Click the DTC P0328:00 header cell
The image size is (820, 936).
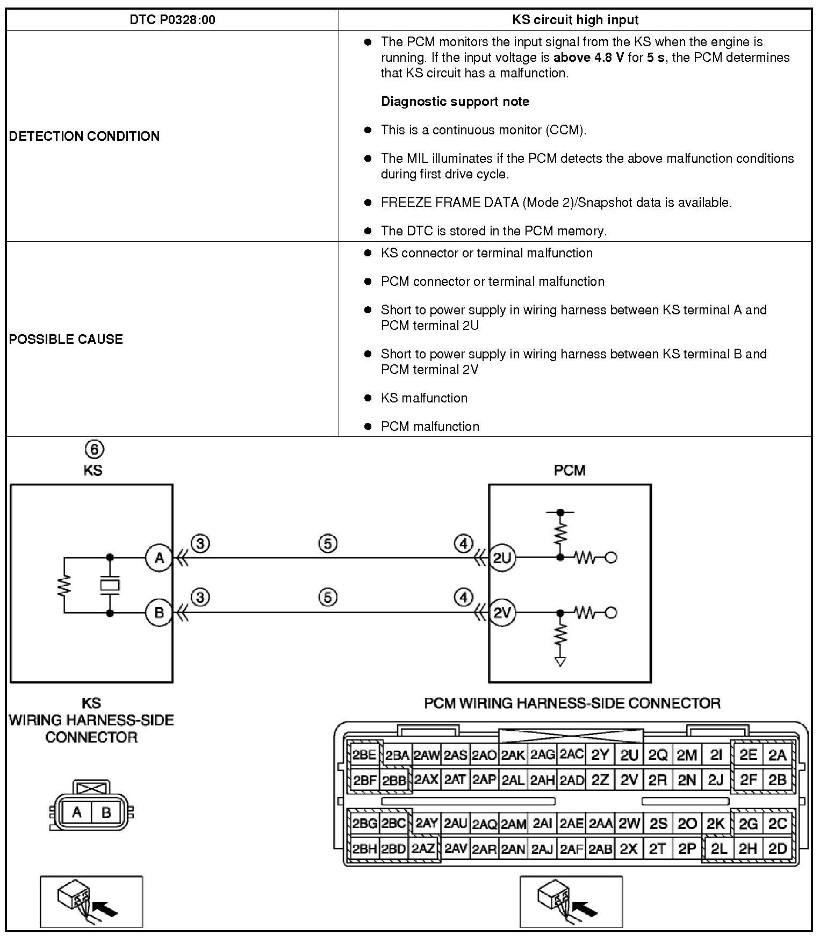[x=172, y=20]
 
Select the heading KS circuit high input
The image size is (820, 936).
[x=575, y=20]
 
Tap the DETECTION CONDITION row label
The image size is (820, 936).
[x=84, y=136]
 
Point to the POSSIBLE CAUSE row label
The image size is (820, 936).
[x=66, y=339]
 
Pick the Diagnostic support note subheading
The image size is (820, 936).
[x=455, y=102]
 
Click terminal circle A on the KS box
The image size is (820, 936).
[x=159, y=558]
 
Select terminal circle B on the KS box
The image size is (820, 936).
[x=159, y=613]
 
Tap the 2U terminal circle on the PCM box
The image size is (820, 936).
[x=502, y=558]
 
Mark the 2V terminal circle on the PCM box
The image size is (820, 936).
[x=502, y=613]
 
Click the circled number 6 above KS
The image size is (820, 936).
[x=94, y=449]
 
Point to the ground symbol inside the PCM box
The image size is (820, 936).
[x=560, y=662]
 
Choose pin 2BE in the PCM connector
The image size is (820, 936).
[x=364, y=755]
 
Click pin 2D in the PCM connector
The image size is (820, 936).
[x=778, y=848]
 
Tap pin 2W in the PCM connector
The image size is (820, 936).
[x=629, y=823]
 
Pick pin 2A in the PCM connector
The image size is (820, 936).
[x=778, y=755]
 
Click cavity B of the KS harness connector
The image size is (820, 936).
[x=106, y=812]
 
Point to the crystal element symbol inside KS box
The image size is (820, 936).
[x=110, y=585]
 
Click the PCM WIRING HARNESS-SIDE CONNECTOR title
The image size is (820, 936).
[x=572, y=703]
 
